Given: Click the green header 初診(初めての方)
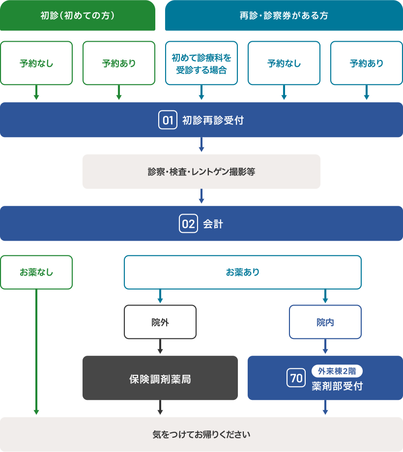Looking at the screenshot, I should coord(77,15).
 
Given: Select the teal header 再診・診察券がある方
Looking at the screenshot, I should coord(284,15).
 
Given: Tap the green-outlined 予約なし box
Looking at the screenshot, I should coord(36,63).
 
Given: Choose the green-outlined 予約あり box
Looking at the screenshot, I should coord(119,63).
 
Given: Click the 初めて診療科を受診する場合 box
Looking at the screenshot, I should coord(201,63).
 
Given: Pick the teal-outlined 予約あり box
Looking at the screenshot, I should coord(366,63).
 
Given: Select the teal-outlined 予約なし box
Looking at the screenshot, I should coord(284,63).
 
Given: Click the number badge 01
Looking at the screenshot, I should coord(168,120).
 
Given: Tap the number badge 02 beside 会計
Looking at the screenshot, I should coord(188,224).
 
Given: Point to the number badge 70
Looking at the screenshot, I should coord(296,378).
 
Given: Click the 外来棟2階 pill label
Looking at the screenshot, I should coord(337,371).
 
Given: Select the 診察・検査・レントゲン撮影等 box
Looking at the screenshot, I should coord(201,172).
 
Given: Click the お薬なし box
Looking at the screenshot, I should coord(36,272).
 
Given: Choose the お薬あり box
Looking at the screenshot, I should coord(242,272).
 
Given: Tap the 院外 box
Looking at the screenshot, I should coord(160,322).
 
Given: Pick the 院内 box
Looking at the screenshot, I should coord(325,322).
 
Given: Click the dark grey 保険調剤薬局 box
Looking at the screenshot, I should coord(160,378).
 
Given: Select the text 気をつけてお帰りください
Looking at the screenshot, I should coord(201,435).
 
